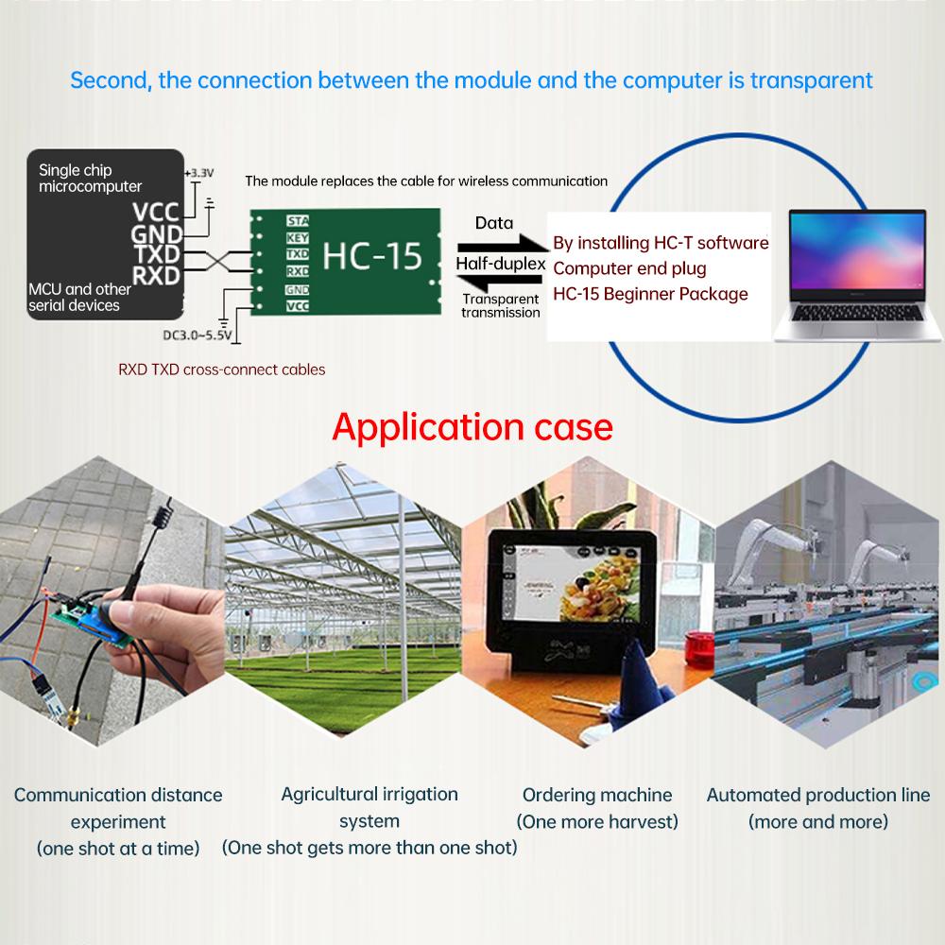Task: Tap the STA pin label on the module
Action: coord(296,221)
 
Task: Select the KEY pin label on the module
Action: coord(296,238)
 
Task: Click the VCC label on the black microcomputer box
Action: coord(155,212)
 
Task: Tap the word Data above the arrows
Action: coord(493,223)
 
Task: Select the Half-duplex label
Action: coord(500,264)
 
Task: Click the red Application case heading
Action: coord(472,426)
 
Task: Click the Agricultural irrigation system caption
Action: coord(369,807)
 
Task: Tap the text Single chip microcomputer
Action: coord(90,178)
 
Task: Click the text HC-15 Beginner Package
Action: coord(650,294)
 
